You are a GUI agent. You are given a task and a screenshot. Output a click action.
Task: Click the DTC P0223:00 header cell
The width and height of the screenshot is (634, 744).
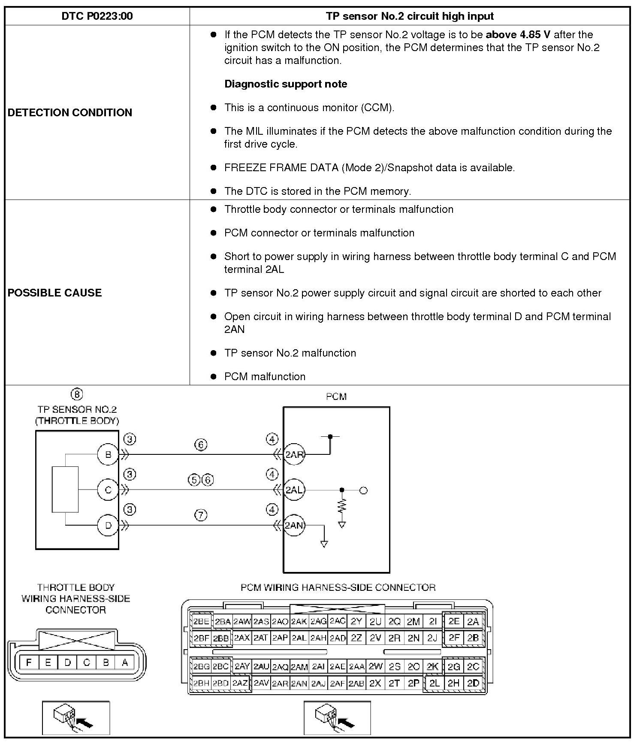(x=97, y=16)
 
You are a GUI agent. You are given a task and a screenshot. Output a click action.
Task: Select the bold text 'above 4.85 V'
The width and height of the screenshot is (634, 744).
(x=518, y=35)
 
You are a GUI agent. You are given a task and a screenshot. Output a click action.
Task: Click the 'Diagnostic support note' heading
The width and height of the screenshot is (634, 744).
(x=286, y=84)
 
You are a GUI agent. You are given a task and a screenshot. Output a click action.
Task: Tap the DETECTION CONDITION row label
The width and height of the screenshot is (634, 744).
(x=70, y=112)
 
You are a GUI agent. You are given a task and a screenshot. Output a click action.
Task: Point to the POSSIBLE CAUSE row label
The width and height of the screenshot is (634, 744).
(x=55, y=293)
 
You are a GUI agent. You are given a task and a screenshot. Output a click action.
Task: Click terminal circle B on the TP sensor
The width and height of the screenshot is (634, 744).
(x=108, y=454)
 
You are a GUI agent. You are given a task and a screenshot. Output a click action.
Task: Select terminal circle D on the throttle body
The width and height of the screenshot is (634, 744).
(x=108, y=525)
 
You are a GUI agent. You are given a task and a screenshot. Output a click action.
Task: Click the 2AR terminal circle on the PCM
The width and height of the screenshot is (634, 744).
(x=294, y=454)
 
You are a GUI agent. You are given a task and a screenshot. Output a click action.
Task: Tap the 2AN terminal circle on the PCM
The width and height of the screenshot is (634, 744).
(x=294, y=525)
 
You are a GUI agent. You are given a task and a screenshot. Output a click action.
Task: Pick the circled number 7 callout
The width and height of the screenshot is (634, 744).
(x=201, y=515)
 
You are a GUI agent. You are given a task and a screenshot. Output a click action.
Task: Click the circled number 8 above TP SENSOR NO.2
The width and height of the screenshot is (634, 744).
(x=77, y=394)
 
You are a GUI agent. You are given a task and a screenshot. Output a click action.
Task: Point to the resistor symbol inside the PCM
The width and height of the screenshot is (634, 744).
(x=342, y=506)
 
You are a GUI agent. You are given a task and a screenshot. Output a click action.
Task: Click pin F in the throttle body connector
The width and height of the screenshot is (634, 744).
(x=29, y=662)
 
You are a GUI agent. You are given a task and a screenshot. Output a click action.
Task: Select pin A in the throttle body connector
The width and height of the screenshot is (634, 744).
(x=125, y=662)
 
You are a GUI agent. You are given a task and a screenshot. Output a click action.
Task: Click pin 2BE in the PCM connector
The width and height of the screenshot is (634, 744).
(x=201, y=621)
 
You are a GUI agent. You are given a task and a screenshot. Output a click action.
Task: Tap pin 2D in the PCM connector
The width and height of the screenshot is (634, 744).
(x=473, y=683)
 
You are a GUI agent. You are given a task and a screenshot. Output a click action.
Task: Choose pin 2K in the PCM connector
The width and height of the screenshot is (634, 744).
(x=432, y=666)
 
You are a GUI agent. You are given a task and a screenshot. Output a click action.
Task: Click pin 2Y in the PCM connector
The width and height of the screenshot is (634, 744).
(x=356, y=621)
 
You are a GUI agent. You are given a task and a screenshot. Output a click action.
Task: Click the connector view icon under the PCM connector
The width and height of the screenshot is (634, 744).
(x=337, y=718)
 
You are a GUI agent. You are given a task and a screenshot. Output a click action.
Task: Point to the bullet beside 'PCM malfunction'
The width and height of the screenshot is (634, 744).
(x=213, y=377)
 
